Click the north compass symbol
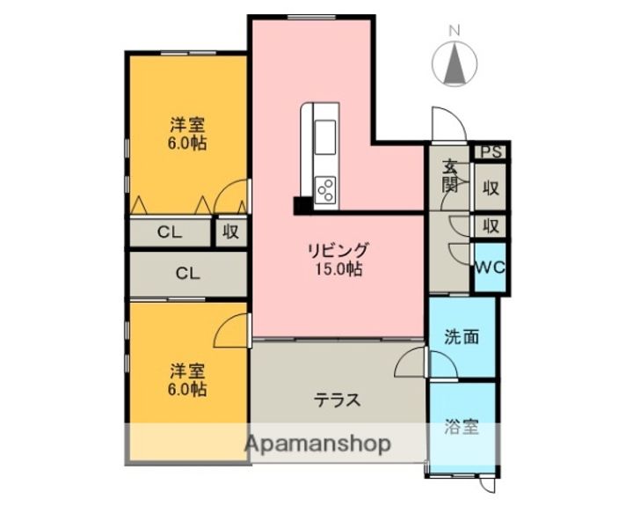click(455, 61)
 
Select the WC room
click(489, 268)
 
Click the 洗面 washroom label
click(462, 336)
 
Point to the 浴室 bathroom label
click(462, 429)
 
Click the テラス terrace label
click(338, 400)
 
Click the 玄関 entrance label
click(449, 175)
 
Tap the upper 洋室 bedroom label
click(187, 125)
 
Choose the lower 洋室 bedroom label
click(187, 370)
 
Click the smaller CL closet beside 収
click(171, 232)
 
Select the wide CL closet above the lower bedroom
click(187, 273)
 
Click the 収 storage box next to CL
click(230, 231)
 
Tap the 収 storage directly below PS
click(491, 187)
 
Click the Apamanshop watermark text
click(318, 445)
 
